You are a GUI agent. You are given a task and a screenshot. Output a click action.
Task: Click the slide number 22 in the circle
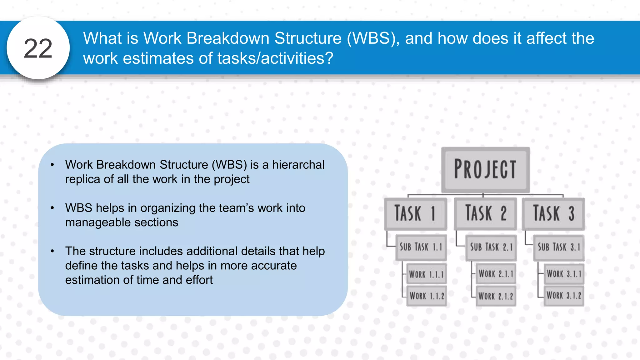(x=38, y=48)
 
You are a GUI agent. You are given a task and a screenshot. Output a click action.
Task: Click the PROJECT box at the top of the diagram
(x=485, y=170)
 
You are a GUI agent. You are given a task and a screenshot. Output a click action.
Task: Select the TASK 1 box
(x=415, y=214)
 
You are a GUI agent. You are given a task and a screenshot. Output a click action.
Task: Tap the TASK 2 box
(x=485, y=214)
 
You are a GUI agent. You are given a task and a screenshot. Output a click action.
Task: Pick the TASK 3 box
(x=553, y=214)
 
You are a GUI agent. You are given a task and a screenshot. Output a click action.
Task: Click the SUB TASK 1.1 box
(x=421, y=247)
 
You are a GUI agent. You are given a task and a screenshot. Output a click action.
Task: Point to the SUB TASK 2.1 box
(x=491, y=247)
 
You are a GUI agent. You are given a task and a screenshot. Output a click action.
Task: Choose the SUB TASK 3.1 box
(x=559, y=247)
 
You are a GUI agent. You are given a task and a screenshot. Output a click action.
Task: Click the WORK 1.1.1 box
(x=426, y=274)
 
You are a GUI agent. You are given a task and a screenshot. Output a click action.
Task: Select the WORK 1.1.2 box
(x=427, y=296)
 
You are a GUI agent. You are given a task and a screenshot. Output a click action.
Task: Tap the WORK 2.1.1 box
(x=496, y=274)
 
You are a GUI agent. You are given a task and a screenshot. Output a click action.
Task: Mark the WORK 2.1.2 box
(x=496, y=296)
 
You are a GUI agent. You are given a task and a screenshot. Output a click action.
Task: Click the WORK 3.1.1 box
(x=564, y=274)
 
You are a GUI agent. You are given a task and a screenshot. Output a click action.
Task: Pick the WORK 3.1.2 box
(x=564, y=295)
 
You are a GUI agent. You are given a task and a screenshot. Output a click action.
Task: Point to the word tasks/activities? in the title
(x=275, y=58)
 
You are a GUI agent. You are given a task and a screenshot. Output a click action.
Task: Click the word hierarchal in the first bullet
(x=298, y=165)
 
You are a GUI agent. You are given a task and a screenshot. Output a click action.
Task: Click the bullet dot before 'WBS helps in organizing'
(x=52, y=208)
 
